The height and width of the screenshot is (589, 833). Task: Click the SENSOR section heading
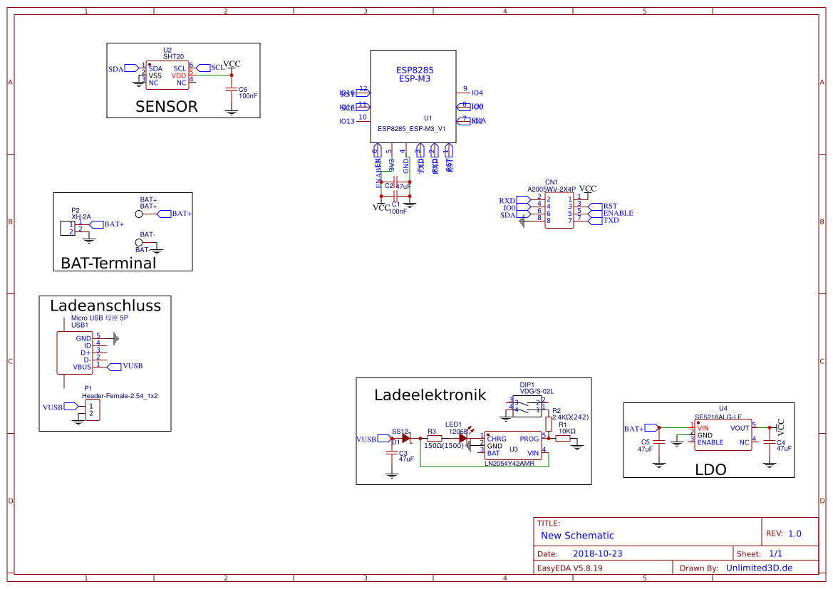click(166, 107)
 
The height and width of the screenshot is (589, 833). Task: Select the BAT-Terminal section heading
click(108, 263)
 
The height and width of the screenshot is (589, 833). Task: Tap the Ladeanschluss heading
click(105, 306)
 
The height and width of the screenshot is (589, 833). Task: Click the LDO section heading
click(710, 470)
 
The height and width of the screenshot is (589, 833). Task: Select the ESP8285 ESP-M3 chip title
click(415, 75)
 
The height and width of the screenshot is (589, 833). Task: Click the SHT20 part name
click(173, 56)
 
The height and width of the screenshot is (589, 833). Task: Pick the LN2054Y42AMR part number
click(509, 464)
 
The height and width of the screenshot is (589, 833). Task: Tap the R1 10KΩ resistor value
click(566, 432)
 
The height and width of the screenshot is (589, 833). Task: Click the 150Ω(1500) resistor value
click(444, 446)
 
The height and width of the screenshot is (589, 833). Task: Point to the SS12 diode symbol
click(407, 439)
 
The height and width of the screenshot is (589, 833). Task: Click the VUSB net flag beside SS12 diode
click(366, 439)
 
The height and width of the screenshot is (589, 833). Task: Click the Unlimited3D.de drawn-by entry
click(759, 568)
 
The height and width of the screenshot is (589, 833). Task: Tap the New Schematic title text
click(577, 536)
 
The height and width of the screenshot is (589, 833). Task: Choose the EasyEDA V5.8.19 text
click(569, 568)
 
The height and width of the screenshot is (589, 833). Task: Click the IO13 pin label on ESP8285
click(347, 122)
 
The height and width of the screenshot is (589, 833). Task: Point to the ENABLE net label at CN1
click(618, 213)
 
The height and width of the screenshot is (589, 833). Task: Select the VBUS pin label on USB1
click(82, 367)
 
